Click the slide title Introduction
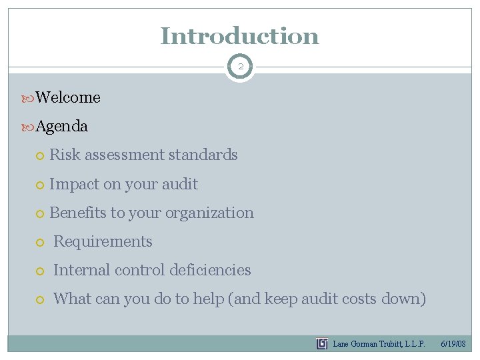tap(239, 35)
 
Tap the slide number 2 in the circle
tap(240, 67)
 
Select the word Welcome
tap(68, 97)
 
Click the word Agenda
tap(62, 126)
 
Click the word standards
tap(203, 155)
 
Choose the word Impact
tap(74, 184)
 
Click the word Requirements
tap(103, 241)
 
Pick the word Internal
tap(79, 270)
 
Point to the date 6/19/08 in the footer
tap(453, 344)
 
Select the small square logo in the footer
tap(322, 344)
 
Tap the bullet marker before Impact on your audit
tap(41, 185)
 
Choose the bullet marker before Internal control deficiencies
tap(41, 271)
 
